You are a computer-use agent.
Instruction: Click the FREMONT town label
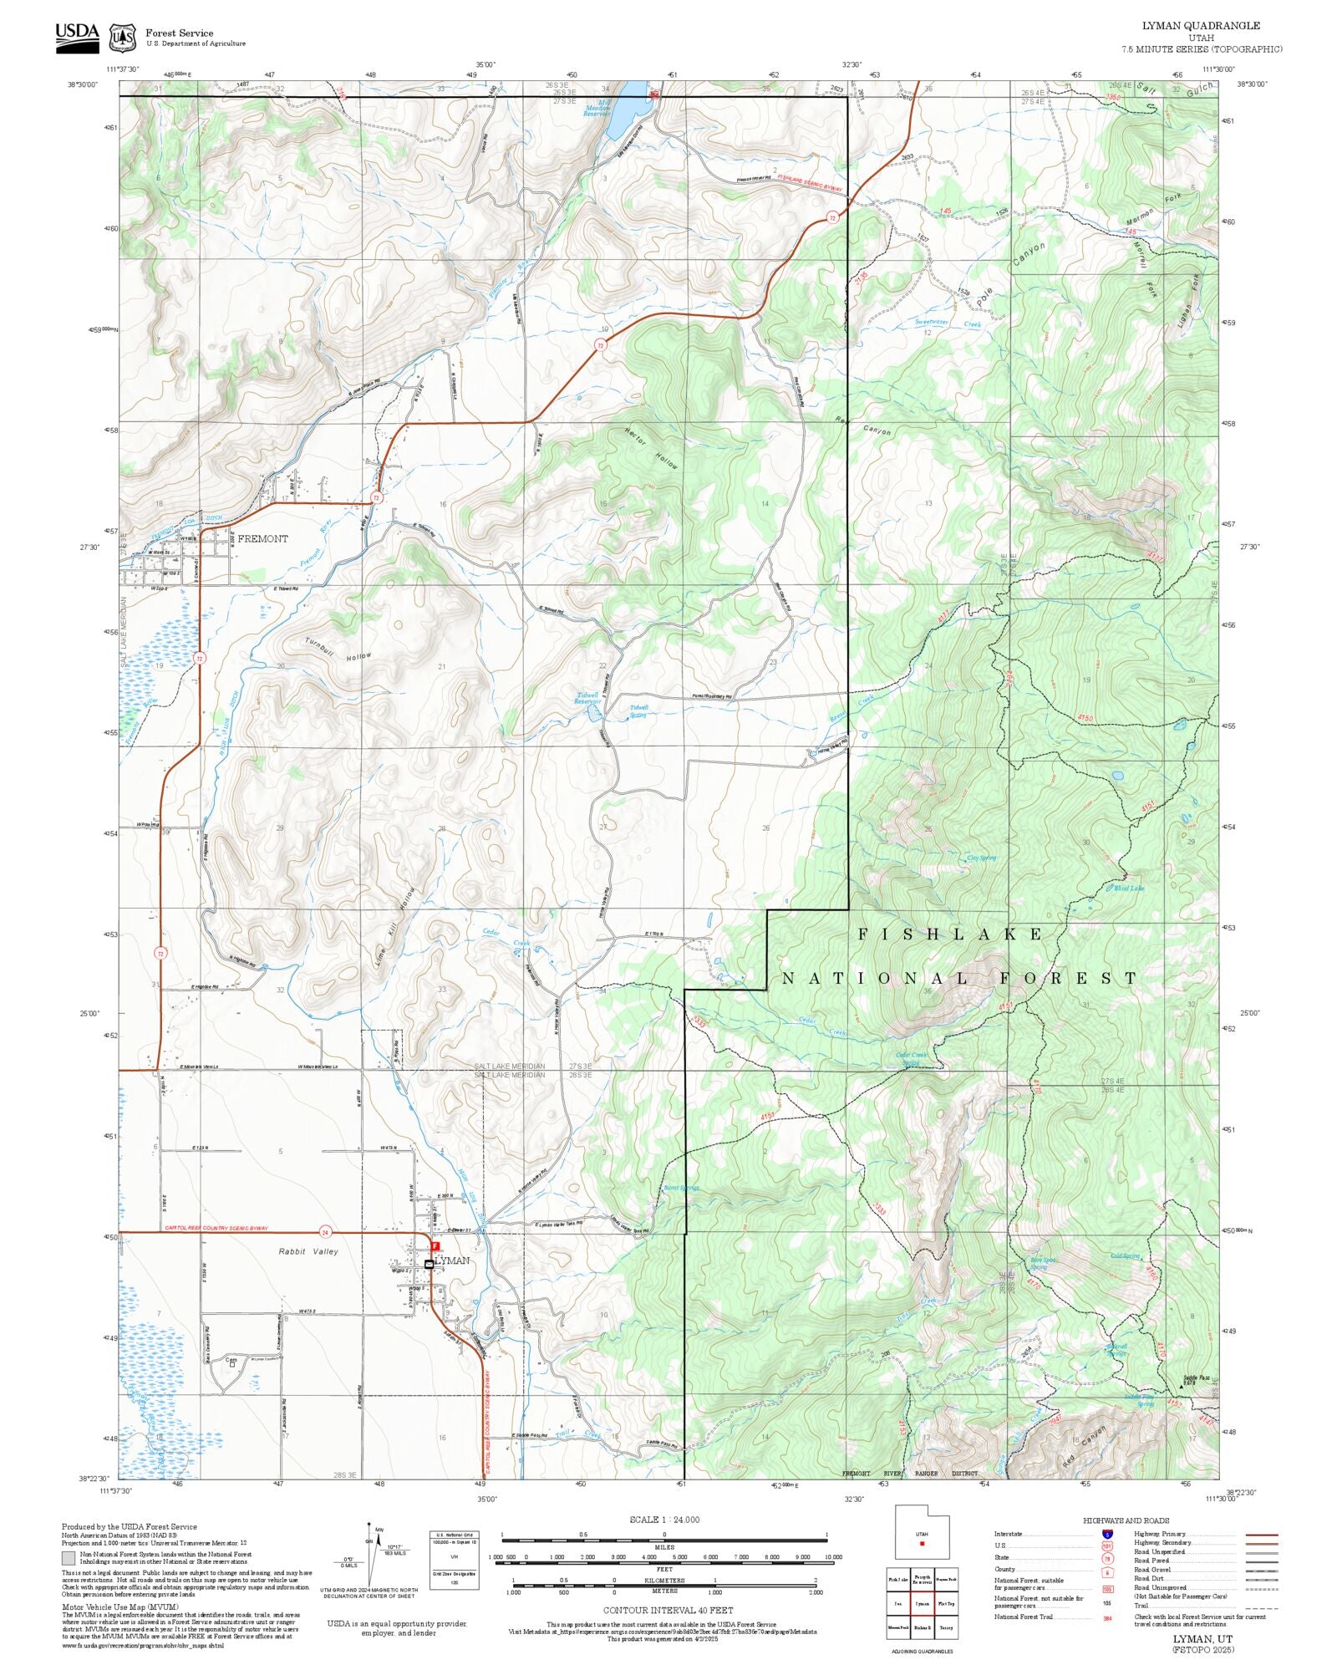(262, 539)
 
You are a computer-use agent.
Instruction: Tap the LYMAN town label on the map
(453, 1260)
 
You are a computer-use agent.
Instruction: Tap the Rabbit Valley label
(308, 1252)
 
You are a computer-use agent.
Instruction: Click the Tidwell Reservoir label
(587, 699)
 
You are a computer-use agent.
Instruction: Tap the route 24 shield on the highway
(325, 1232)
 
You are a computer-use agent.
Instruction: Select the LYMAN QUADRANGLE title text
(1202, 26)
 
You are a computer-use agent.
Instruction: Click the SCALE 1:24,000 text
(664, 1520)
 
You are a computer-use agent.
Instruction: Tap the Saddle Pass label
(1196, 1378)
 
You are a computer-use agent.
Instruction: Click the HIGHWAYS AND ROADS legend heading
(1126, 1521)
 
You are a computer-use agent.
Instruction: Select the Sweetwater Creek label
(948, 323)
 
